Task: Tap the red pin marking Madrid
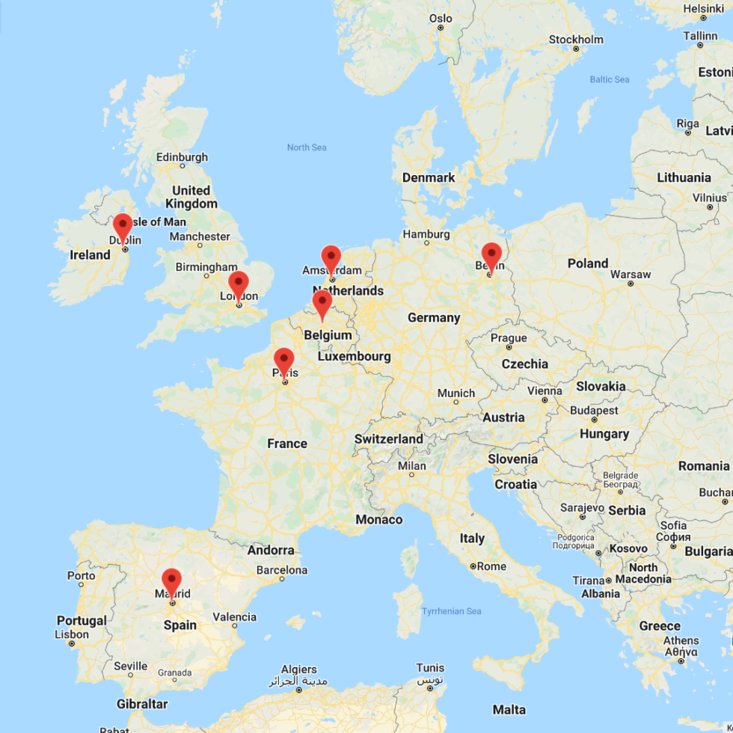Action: click(172, 581)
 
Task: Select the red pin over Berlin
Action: click(491, 255)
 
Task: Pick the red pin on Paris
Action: click(284, 361)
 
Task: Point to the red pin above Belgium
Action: click(322, 303)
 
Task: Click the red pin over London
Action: click(239, 284)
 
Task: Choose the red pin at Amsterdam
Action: click(331, 257)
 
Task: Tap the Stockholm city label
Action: click(576, 39)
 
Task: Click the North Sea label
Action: click(307, 147)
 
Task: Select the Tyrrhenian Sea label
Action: click(451, 611)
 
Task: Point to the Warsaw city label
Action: click(631, 274)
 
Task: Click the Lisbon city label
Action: click(72, 634)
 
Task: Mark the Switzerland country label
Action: click(389, 439)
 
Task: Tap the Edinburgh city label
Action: click(182, 157)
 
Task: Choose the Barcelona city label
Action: click(282, 570)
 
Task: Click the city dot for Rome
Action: click(473, 566)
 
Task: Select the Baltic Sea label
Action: click(610, 79)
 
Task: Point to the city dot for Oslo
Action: click(441, 28)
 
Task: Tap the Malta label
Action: click(509, 709)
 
